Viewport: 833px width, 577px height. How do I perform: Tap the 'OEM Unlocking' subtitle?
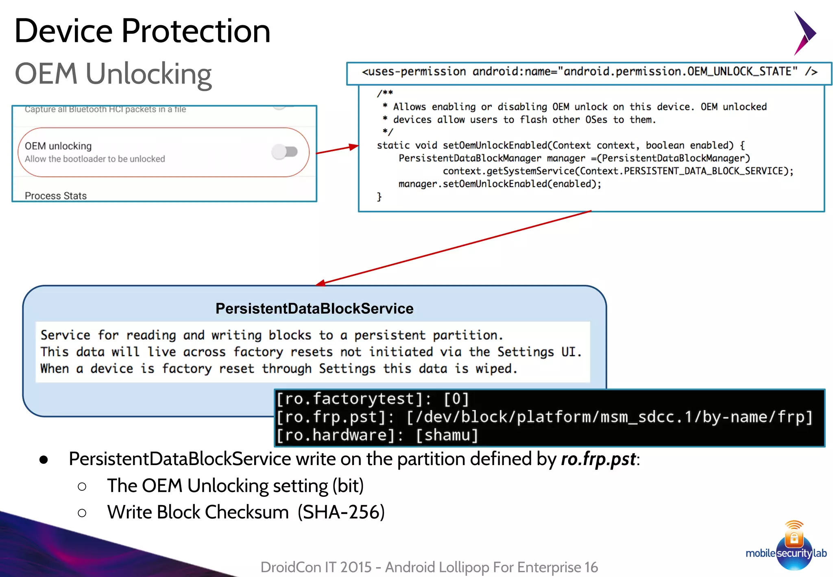(113, 74)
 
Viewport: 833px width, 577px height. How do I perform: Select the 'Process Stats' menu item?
(56, 196)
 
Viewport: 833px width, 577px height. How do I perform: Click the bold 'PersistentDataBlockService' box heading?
(314, 308)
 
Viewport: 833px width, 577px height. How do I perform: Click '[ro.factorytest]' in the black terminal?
(350, 399)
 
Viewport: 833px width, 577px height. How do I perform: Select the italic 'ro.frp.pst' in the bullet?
(598, 459)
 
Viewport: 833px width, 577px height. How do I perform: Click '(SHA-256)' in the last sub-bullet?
(341, 512)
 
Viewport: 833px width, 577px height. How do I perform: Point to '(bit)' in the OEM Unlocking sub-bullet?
(348, 486)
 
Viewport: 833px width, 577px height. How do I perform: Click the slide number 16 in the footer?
(591, 567)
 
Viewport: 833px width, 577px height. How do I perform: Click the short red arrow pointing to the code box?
(337, 149)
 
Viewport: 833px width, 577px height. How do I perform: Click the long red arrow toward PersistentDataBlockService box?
(454, 247)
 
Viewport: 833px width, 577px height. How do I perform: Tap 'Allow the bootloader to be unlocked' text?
(95, 159)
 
